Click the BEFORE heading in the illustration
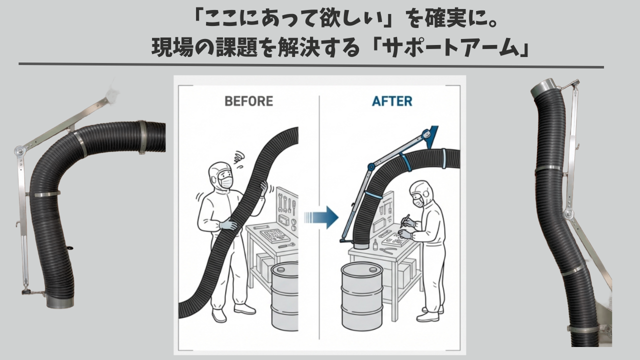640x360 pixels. (x=248, y=101)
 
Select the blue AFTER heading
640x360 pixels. (x=392, y=101)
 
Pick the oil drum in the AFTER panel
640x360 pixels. (x=362, y=296)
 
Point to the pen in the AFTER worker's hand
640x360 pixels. (x=406, y=220)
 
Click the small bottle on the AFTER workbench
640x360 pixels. (x=375, y=244)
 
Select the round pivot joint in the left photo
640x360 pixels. (x=18, y=150)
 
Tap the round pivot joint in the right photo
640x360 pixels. (x=568, y=214)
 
